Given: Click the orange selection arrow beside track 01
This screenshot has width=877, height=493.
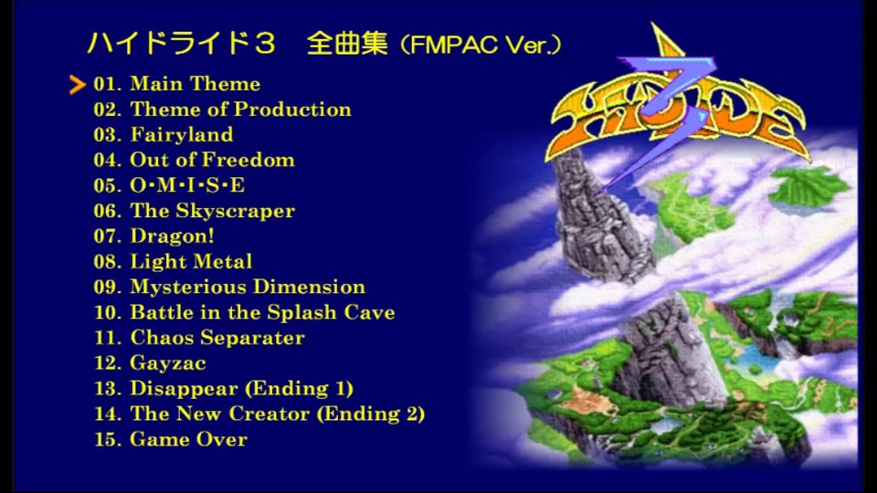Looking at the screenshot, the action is click(77, 84).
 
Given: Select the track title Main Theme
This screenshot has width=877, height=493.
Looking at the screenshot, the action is click(195, 84).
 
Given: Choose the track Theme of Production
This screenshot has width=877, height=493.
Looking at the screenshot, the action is click(241, 109).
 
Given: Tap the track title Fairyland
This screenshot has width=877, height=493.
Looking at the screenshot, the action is click(182, 135).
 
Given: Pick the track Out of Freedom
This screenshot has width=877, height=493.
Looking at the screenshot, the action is click(213, 160).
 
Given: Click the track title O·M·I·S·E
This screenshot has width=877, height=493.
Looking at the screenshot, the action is click(187, 185).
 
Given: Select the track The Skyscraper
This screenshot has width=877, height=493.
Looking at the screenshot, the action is click(213, 211).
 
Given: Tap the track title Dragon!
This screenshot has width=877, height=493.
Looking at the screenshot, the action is click(173, 236).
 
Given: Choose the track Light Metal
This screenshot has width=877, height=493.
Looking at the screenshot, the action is click(191, 262).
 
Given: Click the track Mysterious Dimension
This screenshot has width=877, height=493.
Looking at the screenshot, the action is click(248, 287).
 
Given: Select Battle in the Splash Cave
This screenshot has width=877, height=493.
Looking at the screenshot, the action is click(263, 312).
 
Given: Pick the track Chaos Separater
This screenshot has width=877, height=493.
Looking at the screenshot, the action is click(217, 338).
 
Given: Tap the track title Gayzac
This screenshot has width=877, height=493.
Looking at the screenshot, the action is click(168, 363).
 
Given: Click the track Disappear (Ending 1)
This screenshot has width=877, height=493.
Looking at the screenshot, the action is click(241, 389).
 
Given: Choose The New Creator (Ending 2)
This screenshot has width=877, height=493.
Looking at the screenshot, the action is click(278, 414).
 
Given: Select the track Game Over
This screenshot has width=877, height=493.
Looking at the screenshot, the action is click(188, 439).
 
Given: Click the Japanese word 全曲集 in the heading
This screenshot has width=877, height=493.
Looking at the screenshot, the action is click(347, 44).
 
